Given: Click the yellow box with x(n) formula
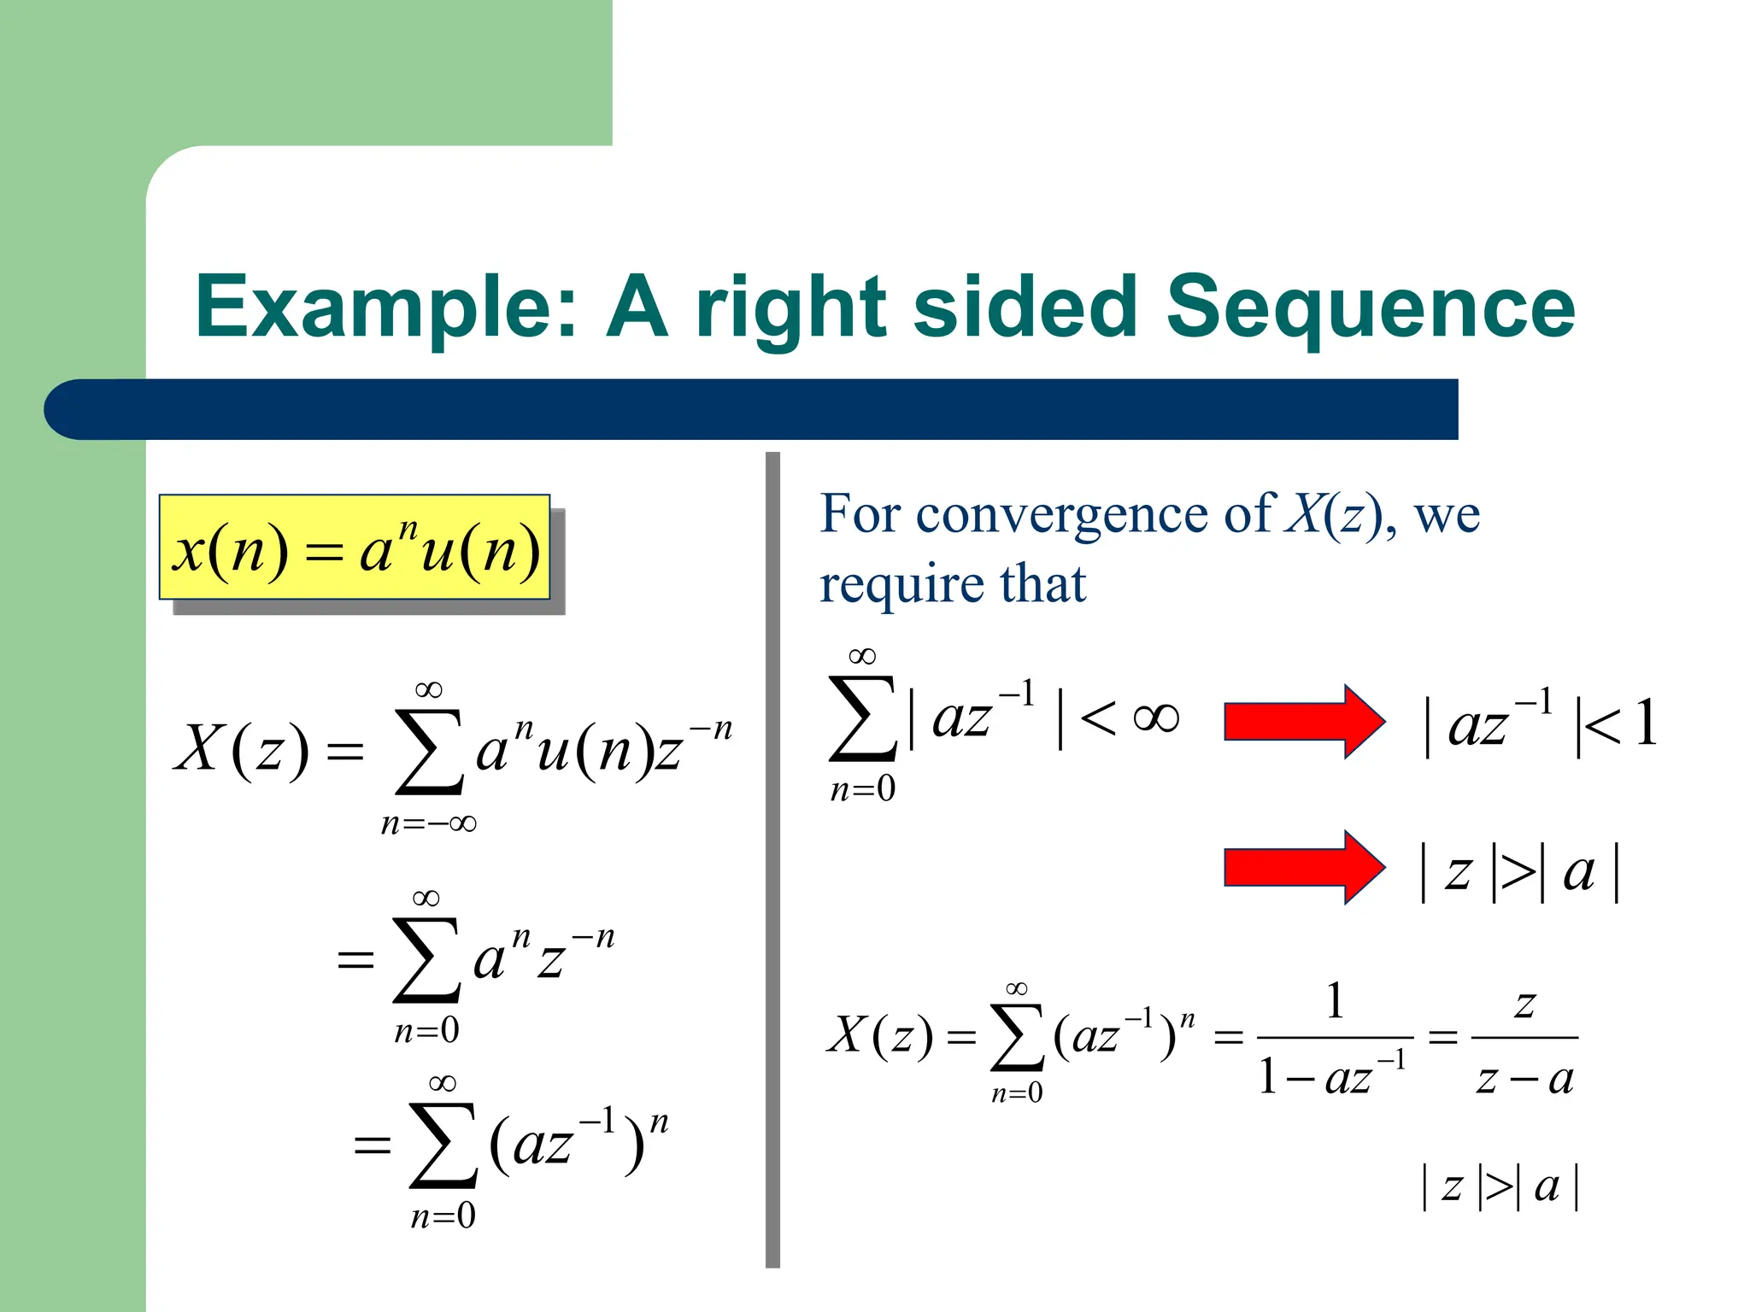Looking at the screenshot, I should [354, 548].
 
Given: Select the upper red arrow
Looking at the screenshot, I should [1303, 722].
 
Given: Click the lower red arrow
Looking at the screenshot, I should [1303, 867].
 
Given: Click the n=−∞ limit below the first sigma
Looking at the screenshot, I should [428, 824].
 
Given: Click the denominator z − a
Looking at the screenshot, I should [1524, 1079].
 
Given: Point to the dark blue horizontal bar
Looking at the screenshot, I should [752, 409].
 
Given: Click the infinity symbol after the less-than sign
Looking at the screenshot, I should [1155, 717].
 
